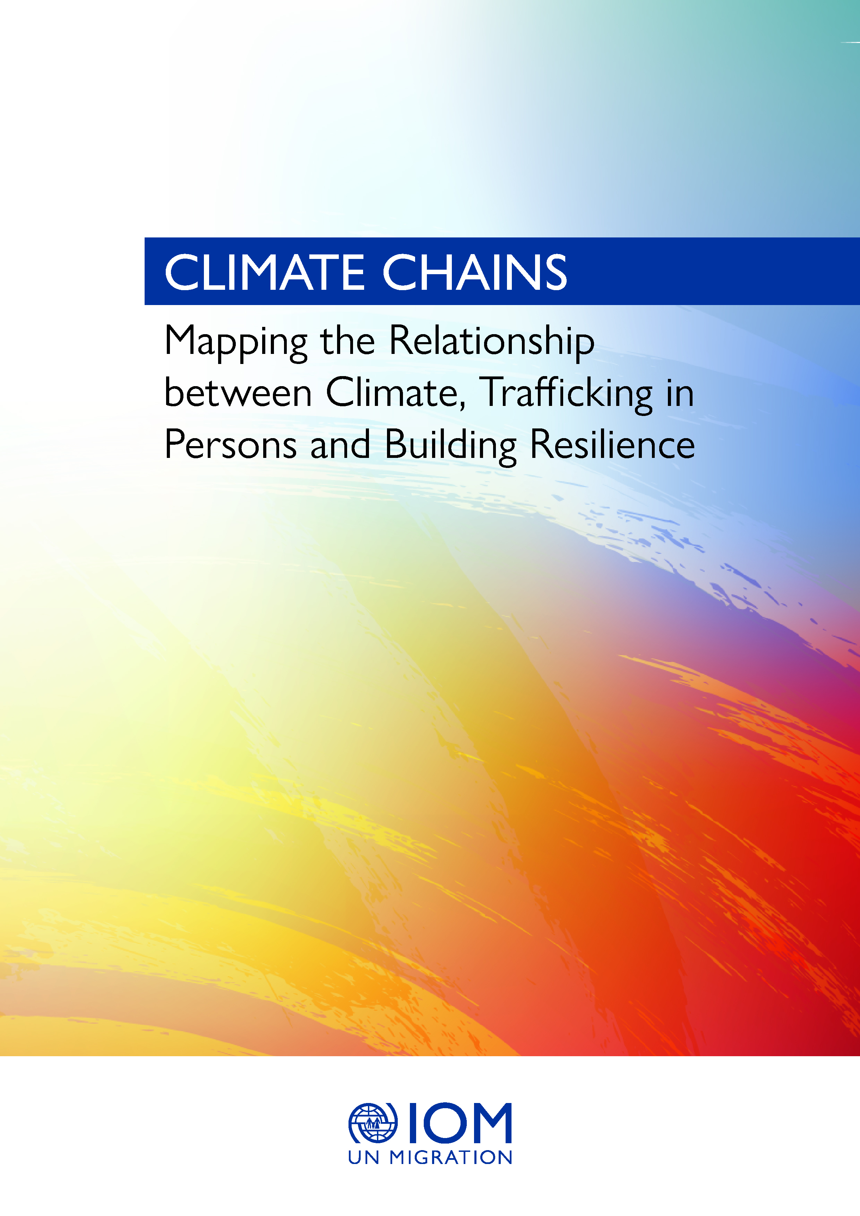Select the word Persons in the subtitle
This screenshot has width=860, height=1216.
(x=231, y=444)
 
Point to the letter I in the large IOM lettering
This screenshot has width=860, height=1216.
(x=412, y=1123)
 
